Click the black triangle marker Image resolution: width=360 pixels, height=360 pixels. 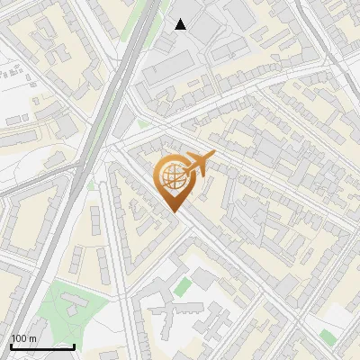[x=181, y=24]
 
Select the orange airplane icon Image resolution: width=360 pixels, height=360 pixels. [x=199, y=164]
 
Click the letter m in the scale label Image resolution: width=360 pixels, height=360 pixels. [x=34, y=338]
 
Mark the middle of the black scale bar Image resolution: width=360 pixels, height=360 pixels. [x=42, y=346]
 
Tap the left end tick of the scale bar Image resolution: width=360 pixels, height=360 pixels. [x=11, y=345]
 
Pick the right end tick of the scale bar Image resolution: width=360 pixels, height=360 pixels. [x=74, y=345]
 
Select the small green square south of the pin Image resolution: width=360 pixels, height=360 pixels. [x=184, y=286]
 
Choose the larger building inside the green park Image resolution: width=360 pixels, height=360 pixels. [x=76, y=312]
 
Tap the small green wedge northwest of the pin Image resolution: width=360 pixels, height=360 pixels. [x=141, y=123]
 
